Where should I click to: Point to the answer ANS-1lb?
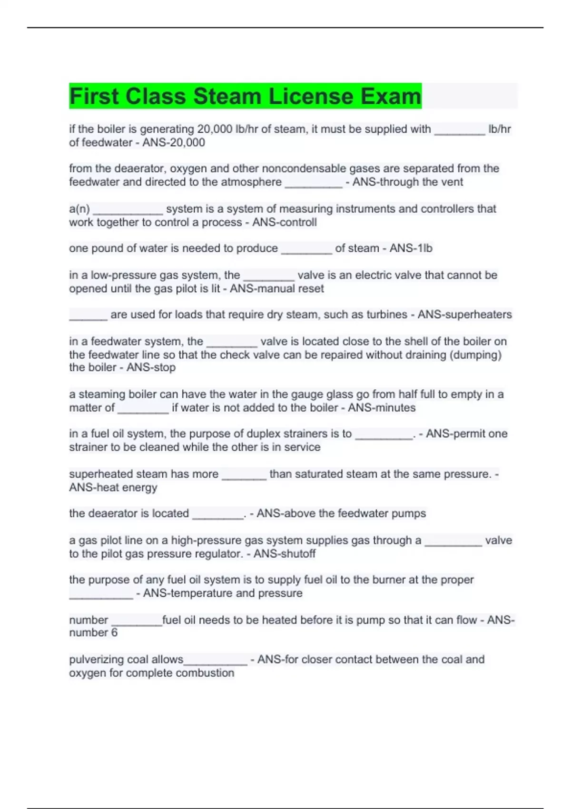click(x=411, y=248)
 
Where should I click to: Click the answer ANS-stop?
click(x=151, y=367)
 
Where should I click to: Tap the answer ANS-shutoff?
click(x=285, y=554)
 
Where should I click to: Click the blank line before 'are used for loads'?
click(x=88, y=316)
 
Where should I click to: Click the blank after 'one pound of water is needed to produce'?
click(x=306, y=250)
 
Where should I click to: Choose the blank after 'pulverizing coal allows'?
click(x=216, y=661)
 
